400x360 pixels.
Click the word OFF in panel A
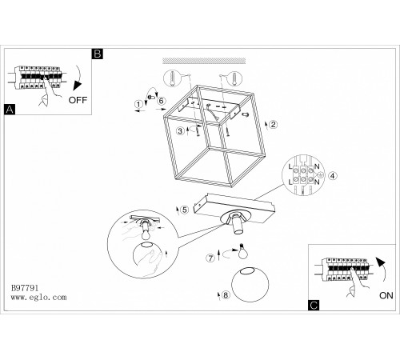coord(78,100)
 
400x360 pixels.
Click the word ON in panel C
coord(386,295)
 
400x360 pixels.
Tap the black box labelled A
coord(10,110)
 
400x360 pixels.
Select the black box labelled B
coord(98,54)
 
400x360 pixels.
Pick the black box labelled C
coord(314,305)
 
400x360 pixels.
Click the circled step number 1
coord(138,104)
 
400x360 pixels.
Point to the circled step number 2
coord(274,125)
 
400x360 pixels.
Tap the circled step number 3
coord(181,131)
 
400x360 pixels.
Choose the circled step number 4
coord(333,176)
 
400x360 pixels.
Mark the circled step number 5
coord(185,210)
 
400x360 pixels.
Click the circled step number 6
coord(162,101)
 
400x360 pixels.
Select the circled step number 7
coord(210,258)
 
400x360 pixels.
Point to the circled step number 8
coord(226,295)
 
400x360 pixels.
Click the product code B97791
coord(25,288)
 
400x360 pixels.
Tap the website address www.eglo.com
coord(38,297)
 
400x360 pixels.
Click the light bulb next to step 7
coord(242,251)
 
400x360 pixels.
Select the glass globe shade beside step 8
coord(250,284)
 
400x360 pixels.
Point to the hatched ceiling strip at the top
coord(204,61)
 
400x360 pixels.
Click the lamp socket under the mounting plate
coord(237,223)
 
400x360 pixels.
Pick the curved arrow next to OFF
coord(79,78)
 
